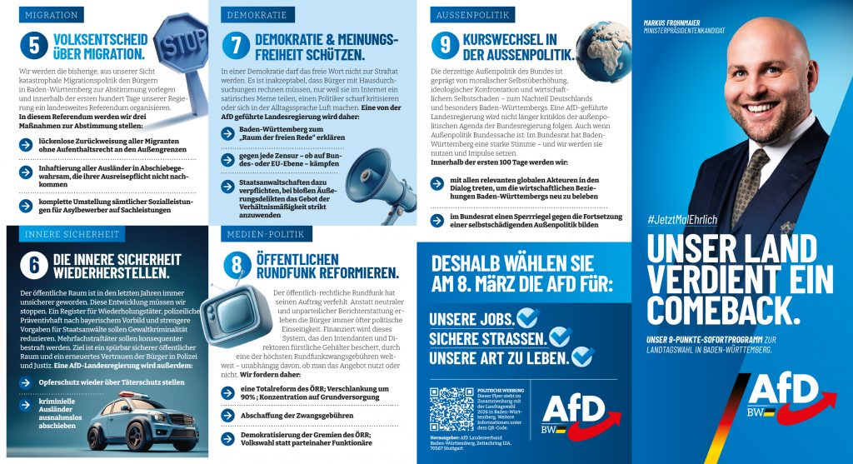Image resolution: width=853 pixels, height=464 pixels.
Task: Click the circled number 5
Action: [x=33, y=47]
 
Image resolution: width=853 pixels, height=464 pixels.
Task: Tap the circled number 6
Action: [x=33, y=264]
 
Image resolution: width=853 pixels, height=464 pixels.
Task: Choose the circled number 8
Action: [x=237, y=264]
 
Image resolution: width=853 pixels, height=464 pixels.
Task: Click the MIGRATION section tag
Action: [x=52, y=15]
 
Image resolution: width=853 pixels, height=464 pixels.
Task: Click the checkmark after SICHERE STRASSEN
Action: [x=559, y=337]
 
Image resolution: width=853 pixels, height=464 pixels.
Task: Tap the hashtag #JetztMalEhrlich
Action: [x=682, y=219]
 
